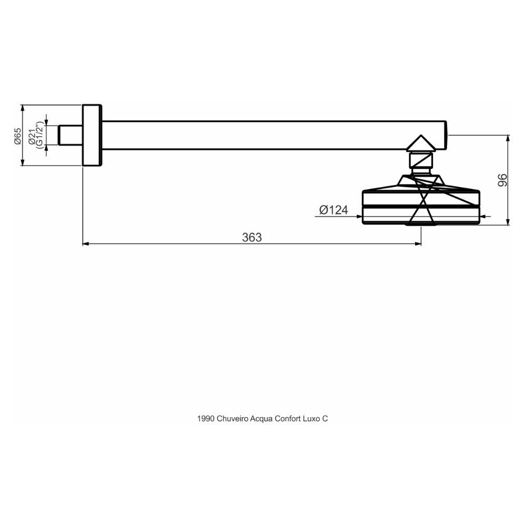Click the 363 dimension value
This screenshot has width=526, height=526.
pyautogui.click(x=251, y=237)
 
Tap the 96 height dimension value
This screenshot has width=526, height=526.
pyautogui.click(x=502, y=180)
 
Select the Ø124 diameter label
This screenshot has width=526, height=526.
pyautogui.click(x=333, y=210)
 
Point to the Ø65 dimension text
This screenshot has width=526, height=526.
pyautogui.click(x=17, y=135)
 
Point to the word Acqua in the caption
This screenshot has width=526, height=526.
pyautogui.click(x=261, y=419)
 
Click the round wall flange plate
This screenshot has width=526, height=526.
pyautogui.click(x=92, y=135)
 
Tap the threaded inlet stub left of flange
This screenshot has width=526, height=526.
pyautogui.click(x=69, y=135)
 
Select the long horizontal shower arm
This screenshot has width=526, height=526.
pyautogui.click(x=274, y=135)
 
